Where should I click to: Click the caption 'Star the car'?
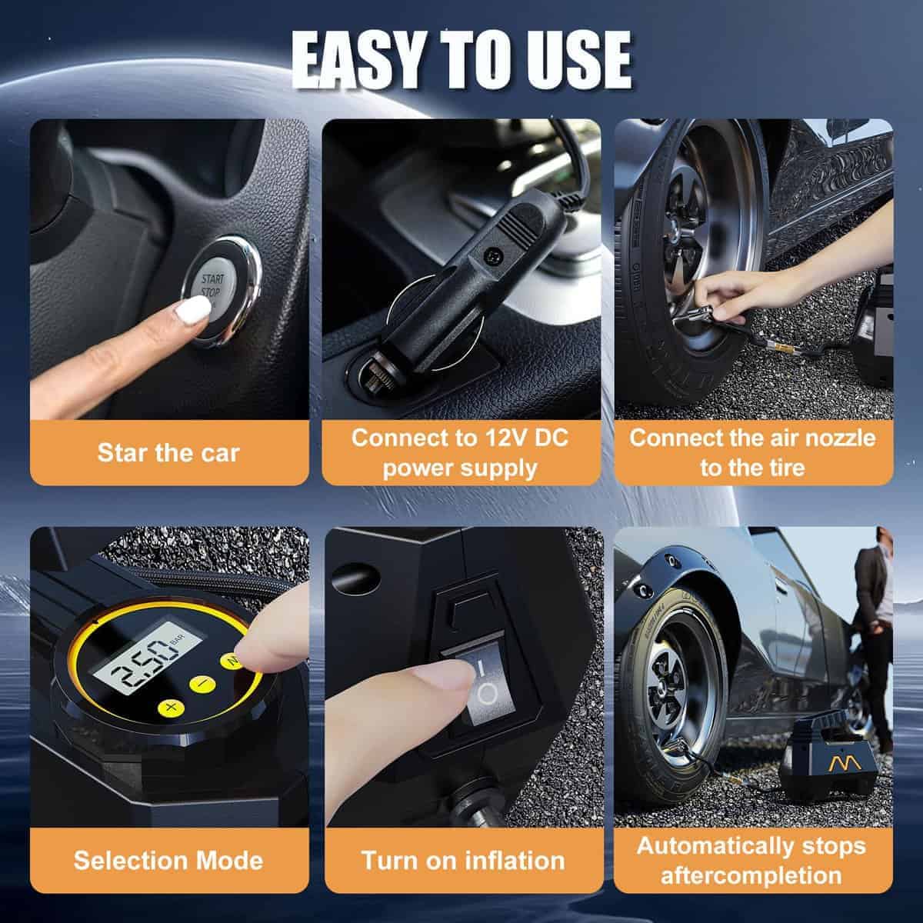click(168, 452)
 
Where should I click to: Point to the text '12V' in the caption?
click(501, 438)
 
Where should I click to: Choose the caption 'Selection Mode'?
click(168, 860)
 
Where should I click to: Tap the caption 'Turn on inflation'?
click(463, 860)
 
